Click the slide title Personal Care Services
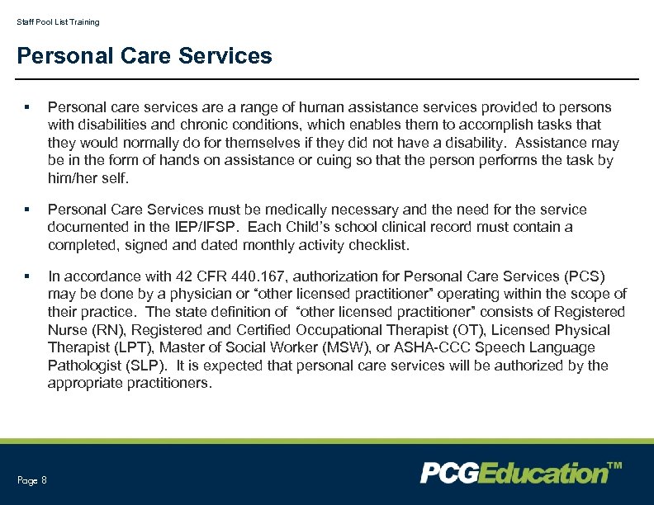tap(144, 56)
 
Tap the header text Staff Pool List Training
tap(58, 22)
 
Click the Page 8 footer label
tap(32, 480)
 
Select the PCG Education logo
tap(513, 473)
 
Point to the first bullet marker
tap(27, 107)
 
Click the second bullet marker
tap(27, 210)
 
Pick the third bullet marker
tap(27, 276)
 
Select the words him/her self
tap(88, 178)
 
